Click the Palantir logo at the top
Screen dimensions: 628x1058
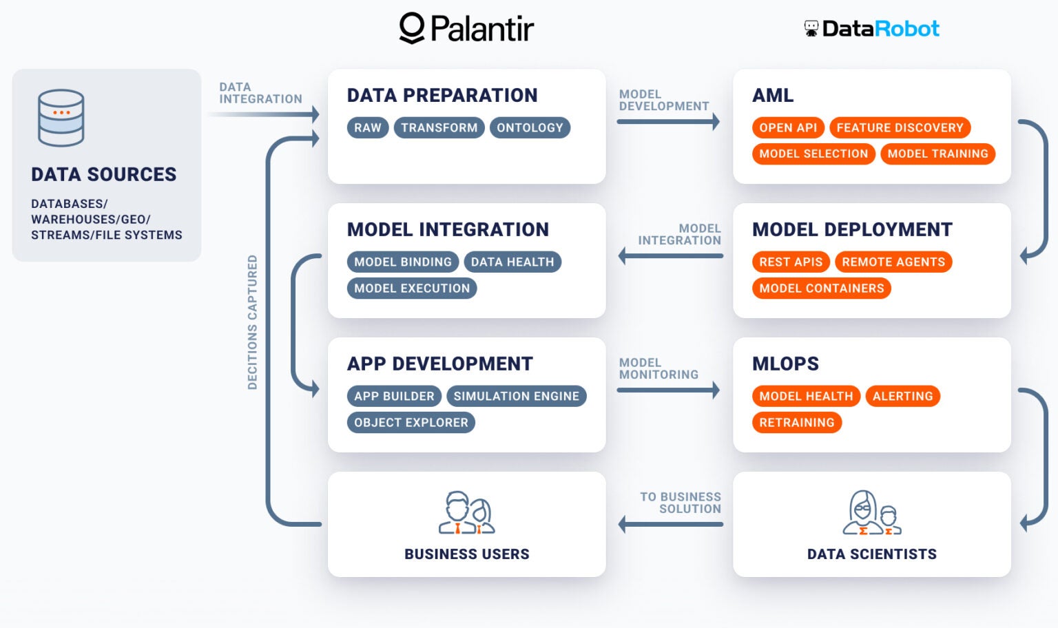pos(466,28)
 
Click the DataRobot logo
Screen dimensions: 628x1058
pos(871,28)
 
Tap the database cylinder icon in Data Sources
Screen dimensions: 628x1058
pos(61,118)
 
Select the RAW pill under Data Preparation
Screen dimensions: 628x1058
pos(368,127)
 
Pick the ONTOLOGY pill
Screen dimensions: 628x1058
pos(530,127)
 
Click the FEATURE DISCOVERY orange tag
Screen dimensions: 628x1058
pos(900,127)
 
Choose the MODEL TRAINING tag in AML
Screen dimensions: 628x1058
pos(937,154)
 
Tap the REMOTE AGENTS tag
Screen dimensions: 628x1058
pos(893,262)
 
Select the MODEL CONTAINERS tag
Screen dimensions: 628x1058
pos(821,288)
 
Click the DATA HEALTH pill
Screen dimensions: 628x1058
pos(512,262)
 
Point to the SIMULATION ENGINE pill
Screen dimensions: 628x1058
pos(516,396)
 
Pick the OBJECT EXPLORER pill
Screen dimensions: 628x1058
pos(411,422)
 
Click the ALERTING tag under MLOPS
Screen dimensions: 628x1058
pos(902,396)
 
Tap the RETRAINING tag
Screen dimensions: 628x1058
pos(797,422)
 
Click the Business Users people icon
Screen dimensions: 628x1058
pos(467,513)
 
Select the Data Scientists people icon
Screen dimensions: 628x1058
pos(872,513)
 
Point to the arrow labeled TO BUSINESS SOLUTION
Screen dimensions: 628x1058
pos(671,525)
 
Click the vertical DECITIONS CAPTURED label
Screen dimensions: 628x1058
pos(252,322)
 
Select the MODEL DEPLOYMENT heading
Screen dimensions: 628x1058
pos(852,229)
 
